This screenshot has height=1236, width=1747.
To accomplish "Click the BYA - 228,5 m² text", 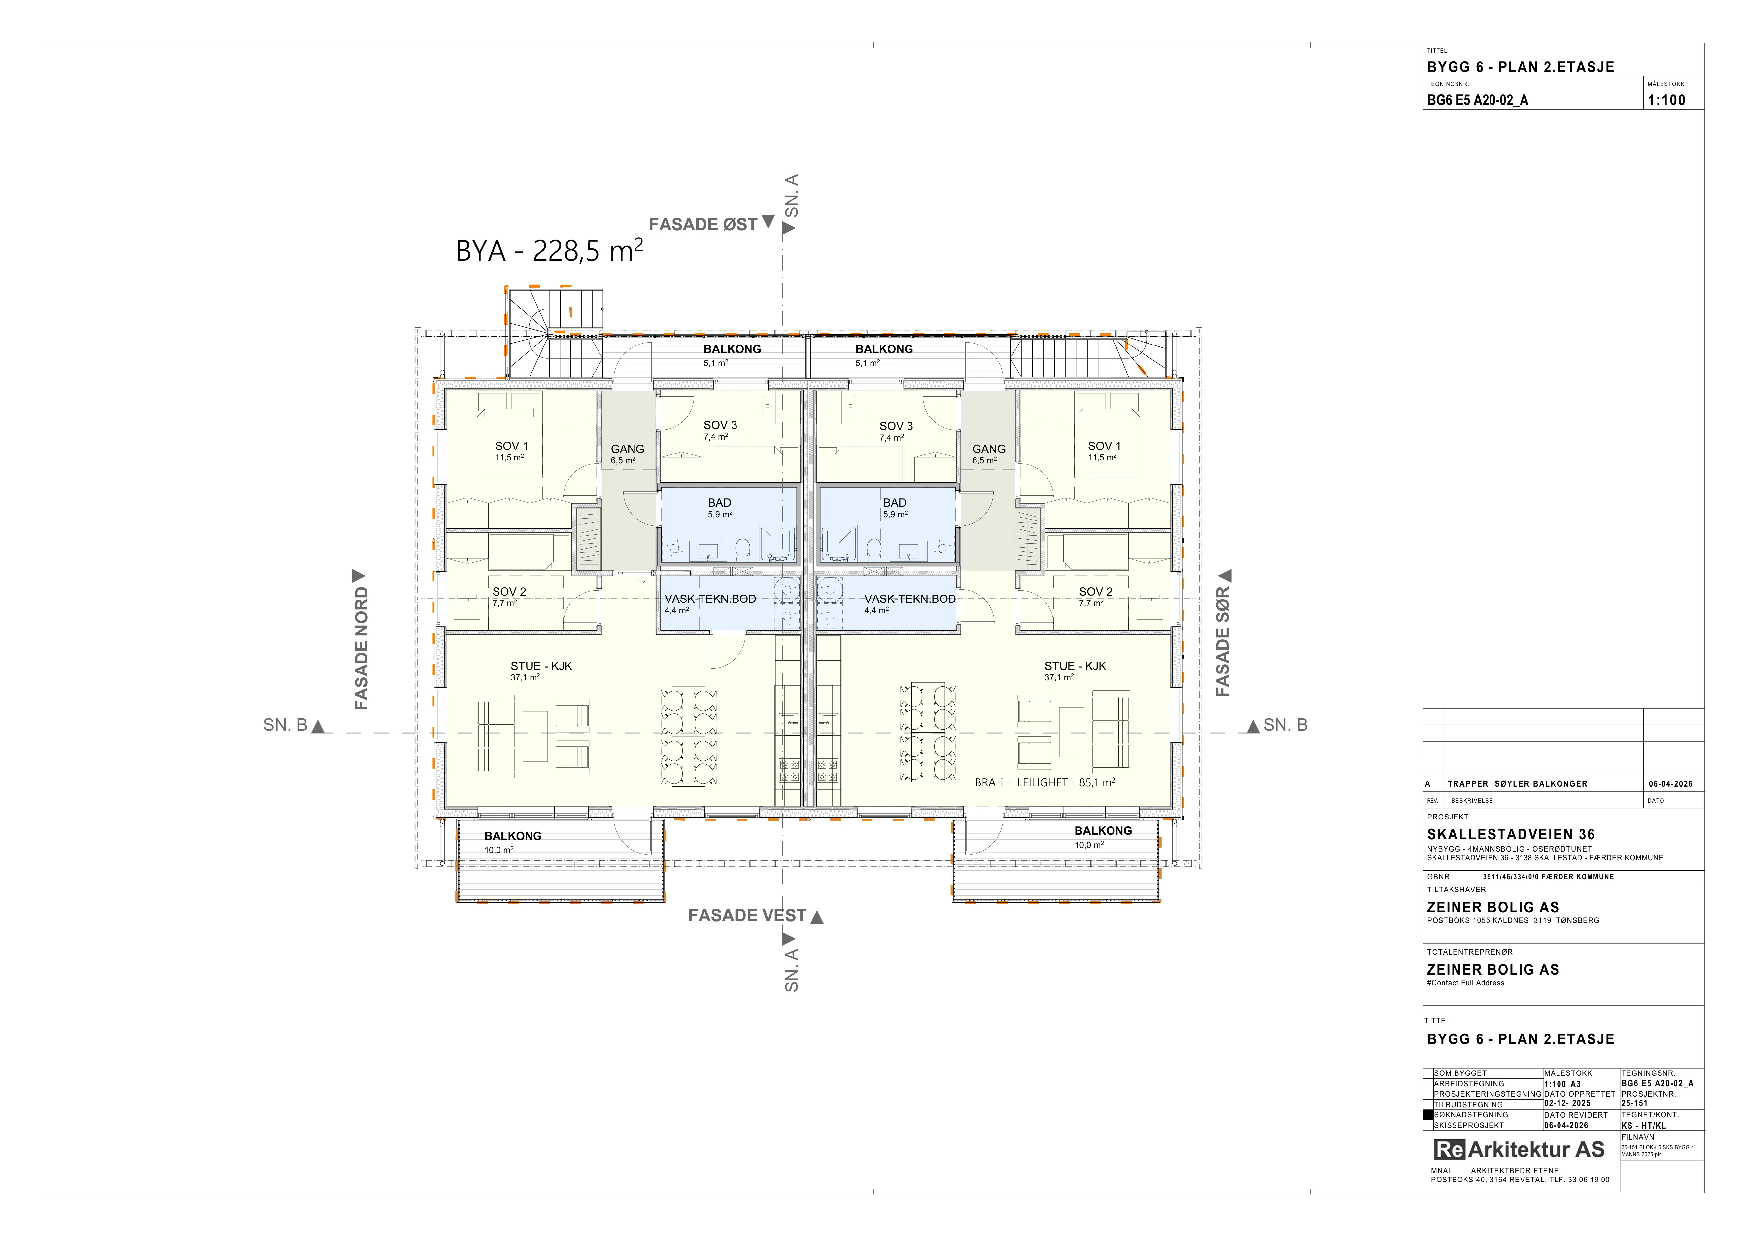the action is coord(549,250).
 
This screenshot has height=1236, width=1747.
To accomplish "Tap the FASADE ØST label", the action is coord(703,225).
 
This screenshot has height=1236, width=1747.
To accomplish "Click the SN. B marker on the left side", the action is coord(294,725).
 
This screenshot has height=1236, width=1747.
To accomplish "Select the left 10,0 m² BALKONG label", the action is coord(513,836).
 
